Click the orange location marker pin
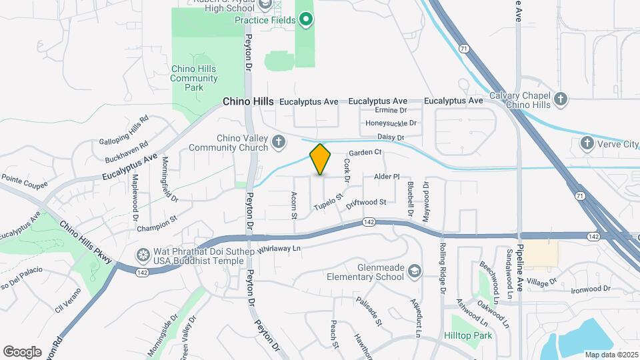click(321, 159)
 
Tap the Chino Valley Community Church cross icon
click(278, 141)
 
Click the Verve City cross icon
click(587, 143)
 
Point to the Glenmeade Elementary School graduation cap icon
click(415, 271)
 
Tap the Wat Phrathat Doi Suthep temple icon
click(142, 255)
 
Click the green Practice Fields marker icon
click(306, 19)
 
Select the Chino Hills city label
click(247, 101)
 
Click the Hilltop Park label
click(469, 336)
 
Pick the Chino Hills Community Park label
click(194, 78)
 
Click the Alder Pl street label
click(387, 177)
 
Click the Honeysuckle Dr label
click(391, 123)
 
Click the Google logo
click(22, 351)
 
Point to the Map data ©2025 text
click(611, 354)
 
